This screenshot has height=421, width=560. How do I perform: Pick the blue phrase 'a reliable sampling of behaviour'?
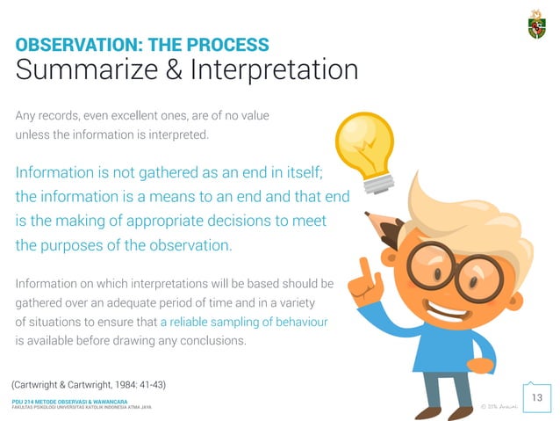[244, 323]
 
